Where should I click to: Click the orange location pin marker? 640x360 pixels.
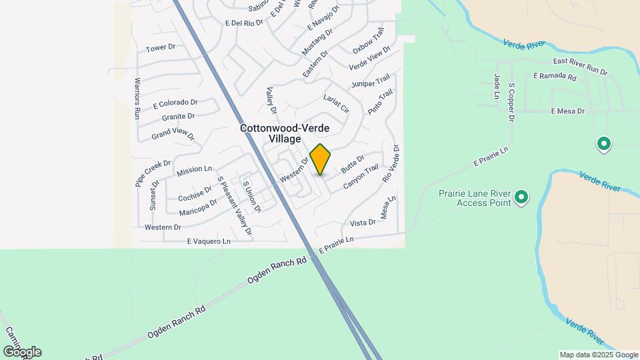(x=321, y=159)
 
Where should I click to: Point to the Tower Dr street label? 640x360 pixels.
(x=160, y=48)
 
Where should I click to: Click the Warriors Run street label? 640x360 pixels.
(x=137, y=98)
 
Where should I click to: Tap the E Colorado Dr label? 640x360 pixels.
(x=175, y=103)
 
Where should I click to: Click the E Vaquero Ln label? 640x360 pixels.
(x=208, y=241)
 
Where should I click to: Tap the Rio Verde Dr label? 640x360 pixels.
(x=391, y=164)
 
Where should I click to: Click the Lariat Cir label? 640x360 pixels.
(x=336, y=103)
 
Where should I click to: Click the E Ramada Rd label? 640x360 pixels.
(x=555, y=77)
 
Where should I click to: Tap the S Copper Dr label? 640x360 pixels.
(x=512, y=103)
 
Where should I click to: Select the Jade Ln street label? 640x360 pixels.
(x=497, y=87)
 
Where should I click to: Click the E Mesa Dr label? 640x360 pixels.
(x=568, y=111)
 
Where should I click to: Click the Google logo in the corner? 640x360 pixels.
(x=22, y=352)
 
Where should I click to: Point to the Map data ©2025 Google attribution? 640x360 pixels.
(x=598, y=355)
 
